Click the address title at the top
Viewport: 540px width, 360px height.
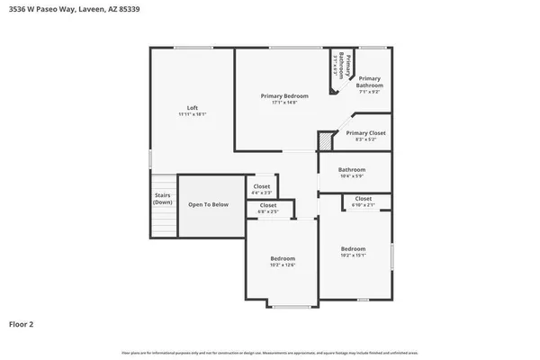click(63, 9)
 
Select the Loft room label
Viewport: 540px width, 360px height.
click(192, 108)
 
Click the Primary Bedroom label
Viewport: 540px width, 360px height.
click(284, 96)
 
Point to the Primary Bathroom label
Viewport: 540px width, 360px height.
click(370, 82)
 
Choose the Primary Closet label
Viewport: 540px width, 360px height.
click(365, 132)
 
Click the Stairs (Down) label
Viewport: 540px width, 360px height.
click(163, 199)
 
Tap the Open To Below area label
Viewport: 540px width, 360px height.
click(208, 204)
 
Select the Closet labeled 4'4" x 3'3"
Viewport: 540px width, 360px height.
click(261, 186)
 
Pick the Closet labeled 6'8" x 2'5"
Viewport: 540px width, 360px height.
click(268, 205)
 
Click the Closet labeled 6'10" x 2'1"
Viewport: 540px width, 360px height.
click(363, 198)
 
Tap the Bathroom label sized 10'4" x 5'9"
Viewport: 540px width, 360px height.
click(352, 169)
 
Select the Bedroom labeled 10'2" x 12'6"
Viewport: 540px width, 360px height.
click(283, 259)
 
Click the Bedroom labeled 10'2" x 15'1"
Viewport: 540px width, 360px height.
click(353, 248)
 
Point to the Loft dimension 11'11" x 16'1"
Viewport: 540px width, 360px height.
click(192, 114)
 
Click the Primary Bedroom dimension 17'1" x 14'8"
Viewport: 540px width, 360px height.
click(284, 103)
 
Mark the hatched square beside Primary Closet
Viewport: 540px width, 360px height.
click(326, 141)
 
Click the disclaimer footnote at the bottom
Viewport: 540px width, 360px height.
click(270, 351)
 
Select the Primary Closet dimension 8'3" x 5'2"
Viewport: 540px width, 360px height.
click(365, 139)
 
